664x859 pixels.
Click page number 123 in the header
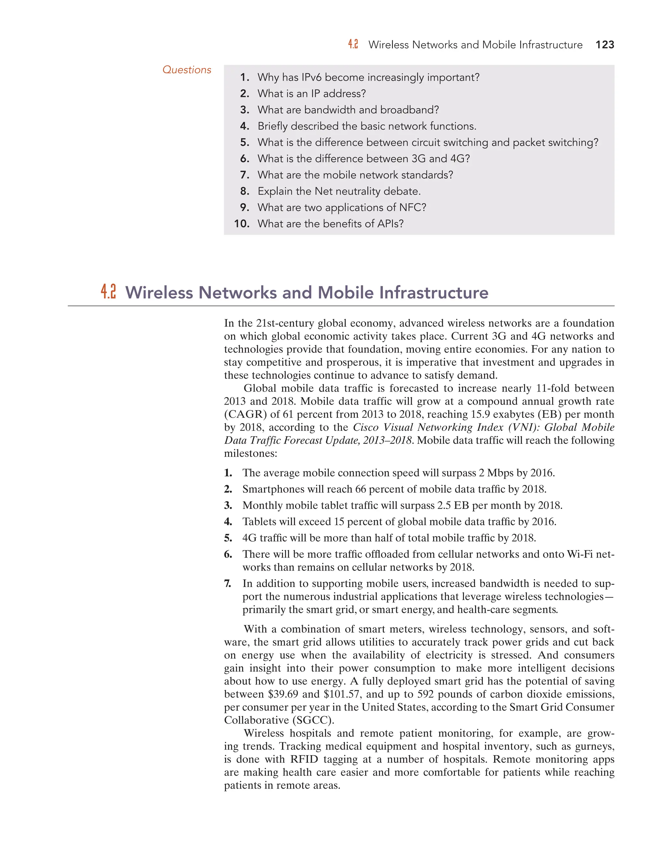coord(605,45)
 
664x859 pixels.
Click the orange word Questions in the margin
coord(187,70)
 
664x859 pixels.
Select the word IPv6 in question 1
coord(312,77)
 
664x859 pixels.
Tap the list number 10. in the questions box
coord(242,224)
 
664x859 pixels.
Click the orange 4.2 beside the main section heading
coord(108,292)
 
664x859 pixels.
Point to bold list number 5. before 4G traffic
coord(228,538)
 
